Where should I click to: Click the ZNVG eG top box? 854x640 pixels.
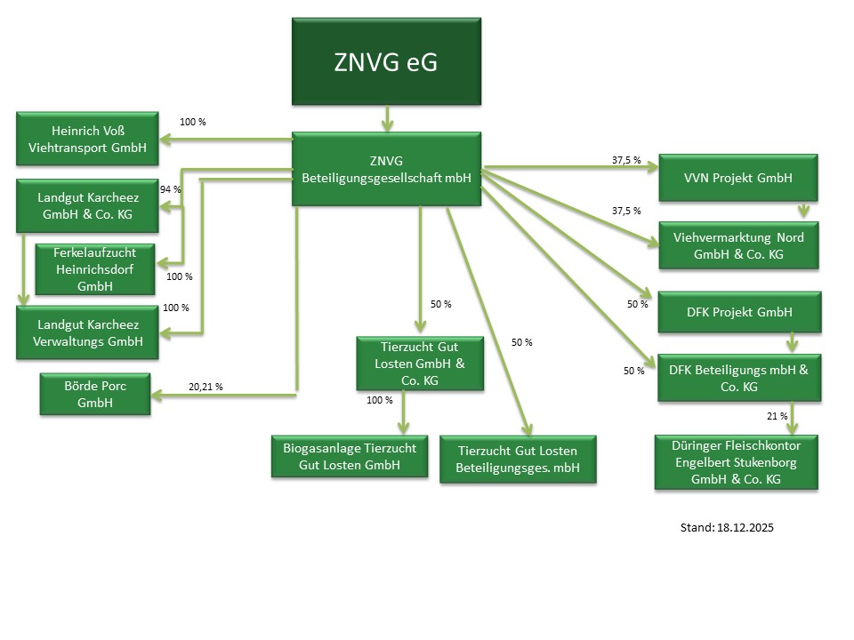coord(386,62)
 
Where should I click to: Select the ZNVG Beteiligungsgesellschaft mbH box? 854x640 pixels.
coord(386,169)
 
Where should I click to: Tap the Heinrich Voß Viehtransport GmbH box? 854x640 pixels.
coord(87,139)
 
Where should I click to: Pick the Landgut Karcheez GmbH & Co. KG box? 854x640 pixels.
coord(87,206)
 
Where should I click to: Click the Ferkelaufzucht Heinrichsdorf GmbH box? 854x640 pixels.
coord(96,268)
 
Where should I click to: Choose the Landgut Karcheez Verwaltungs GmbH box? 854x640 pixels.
coord(87,332)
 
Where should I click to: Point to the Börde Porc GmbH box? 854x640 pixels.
coord(95,394)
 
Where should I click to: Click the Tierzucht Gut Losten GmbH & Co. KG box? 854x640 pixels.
coord(420,363)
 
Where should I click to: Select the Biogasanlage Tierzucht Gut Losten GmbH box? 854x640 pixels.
coord(349,457)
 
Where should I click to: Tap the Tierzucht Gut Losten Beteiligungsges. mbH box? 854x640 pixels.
coord(517,459)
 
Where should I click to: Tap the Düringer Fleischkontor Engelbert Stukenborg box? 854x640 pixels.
coord(736,461)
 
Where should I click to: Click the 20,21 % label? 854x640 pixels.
coord(205,388)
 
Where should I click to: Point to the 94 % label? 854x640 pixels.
coord(171,190)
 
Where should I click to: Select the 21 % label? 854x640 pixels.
coord(777,417)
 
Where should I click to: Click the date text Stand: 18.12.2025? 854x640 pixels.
coord(727,528)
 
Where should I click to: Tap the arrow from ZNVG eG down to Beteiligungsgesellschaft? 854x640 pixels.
coord(386,118)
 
